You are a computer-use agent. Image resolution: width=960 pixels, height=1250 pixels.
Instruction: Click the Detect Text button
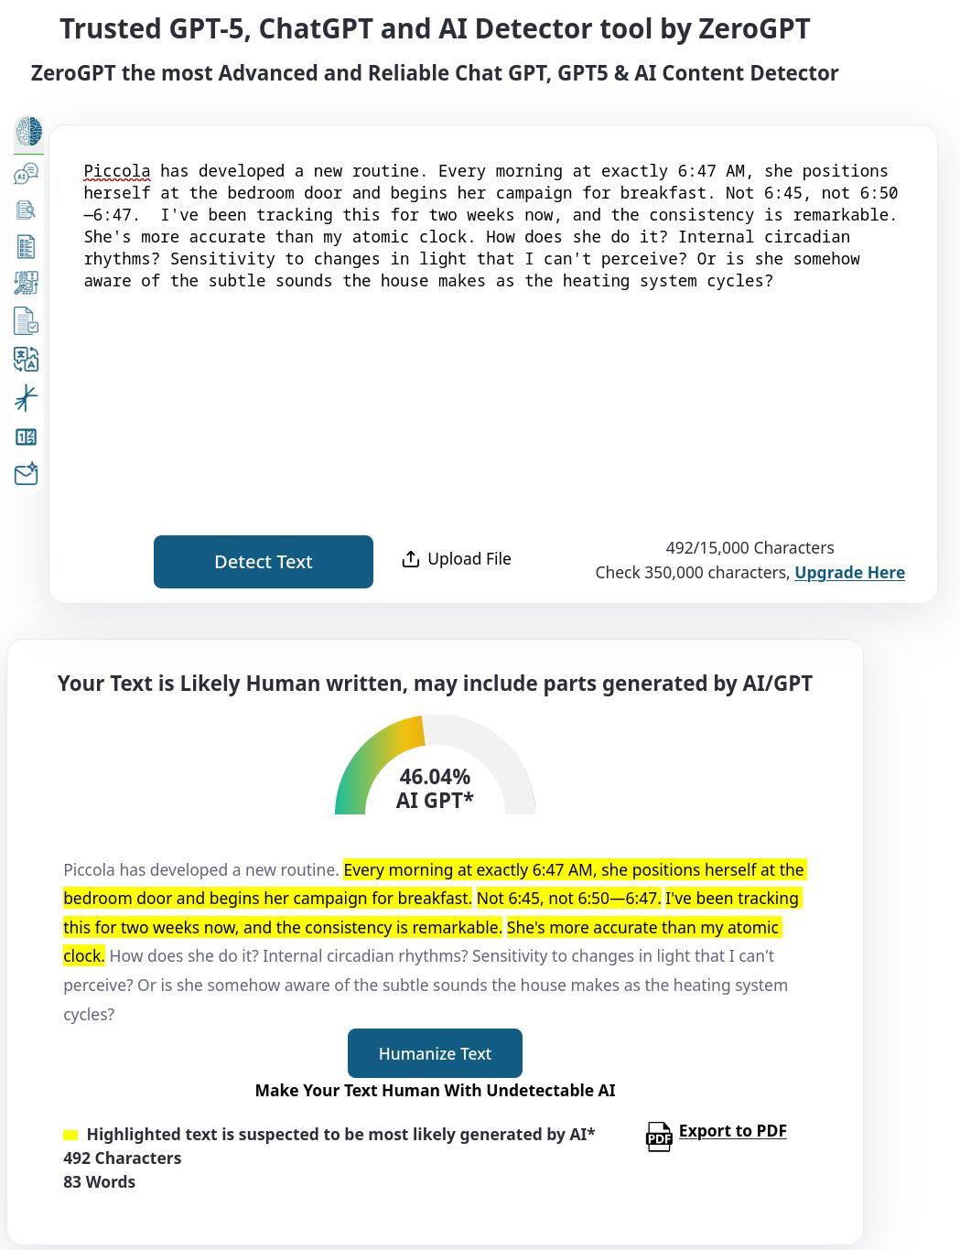(263, 562)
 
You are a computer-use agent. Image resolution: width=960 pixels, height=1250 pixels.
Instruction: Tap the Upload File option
(469, 559)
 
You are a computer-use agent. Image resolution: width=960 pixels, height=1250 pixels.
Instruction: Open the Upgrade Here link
(849, 573)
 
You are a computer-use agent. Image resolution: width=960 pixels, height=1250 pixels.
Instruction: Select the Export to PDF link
(732, 1131)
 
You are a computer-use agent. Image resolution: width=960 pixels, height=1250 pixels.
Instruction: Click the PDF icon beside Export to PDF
(659, 1137)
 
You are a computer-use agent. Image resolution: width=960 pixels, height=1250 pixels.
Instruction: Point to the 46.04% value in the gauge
(435, 777)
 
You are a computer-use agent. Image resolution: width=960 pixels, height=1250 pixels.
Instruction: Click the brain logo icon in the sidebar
(28, 131)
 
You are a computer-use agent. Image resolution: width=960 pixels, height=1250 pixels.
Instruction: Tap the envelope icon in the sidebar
(27, 474)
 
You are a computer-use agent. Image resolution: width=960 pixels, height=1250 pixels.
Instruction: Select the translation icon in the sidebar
(27, 359)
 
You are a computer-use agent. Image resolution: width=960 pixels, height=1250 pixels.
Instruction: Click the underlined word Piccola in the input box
(117, 171)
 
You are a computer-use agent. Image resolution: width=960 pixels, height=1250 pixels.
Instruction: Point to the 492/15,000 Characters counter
(750, 548)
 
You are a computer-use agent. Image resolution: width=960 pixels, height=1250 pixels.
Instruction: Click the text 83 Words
(99, 1182)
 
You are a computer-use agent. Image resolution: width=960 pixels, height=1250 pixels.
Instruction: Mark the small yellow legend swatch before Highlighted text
(70, 1135)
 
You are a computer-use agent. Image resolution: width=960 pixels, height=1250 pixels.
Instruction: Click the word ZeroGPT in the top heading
(753, 29)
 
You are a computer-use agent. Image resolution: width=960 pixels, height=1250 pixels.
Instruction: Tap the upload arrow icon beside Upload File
(411, 559)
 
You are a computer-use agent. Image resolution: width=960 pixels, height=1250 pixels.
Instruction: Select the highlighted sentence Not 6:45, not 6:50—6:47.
(567, 899)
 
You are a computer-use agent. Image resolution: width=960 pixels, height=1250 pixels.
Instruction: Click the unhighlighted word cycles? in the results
(89, 1014)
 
